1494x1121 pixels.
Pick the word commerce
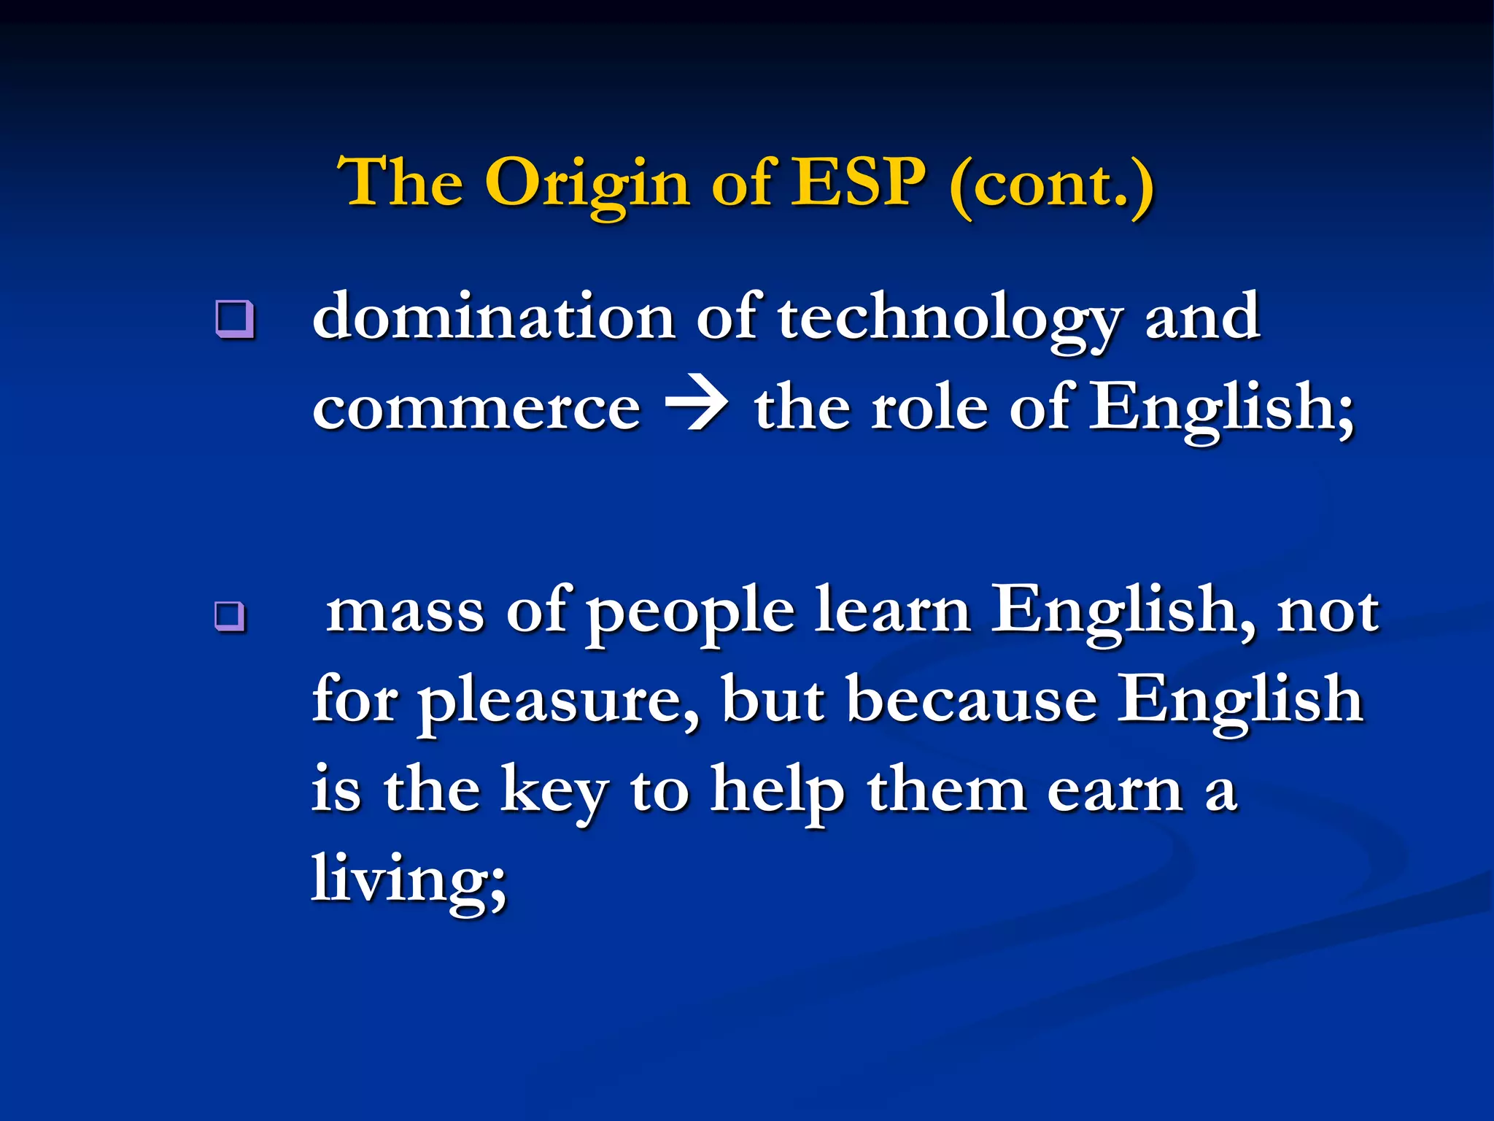(x=476, y=409)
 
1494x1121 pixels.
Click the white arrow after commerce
(x=696, y=407)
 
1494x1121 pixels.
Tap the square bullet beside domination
(x=235, y=319)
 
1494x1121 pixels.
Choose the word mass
(x=405, y=612)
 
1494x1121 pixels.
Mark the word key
(x=554, y=792)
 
